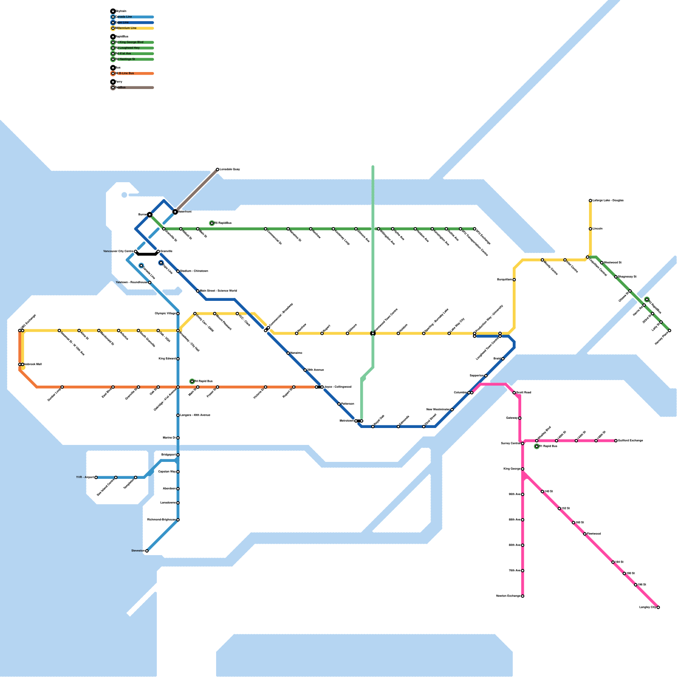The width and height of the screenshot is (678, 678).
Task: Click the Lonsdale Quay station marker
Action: [217, 169]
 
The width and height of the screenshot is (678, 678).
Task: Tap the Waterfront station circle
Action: [175, 211]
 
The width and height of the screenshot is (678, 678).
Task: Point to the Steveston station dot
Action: [147, 551]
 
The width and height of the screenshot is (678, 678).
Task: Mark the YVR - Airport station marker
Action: [96, 478]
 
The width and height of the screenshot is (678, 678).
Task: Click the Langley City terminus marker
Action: [658, 607]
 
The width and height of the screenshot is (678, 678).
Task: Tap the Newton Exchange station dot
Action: [522, 596]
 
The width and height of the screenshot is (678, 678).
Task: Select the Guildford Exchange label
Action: [631, 441]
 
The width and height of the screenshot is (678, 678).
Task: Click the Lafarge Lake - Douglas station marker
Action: [590, 200]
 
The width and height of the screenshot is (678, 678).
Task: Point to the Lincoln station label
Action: [597, 229]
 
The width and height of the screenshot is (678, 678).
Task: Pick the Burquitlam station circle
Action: [514, 280]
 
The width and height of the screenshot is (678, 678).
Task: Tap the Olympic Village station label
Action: [165, 314]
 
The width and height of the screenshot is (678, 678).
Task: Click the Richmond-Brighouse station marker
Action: [178, 520]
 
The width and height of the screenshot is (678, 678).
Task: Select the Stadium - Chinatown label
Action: [194, 271]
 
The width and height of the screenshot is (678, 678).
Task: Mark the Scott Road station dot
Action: [514, 393]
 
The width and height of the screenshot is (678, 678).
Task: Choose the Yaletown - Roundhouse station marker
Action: [150, 283]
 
